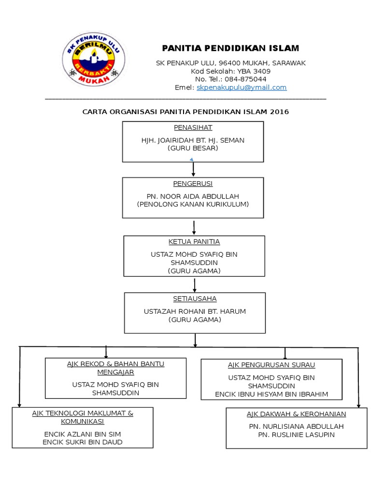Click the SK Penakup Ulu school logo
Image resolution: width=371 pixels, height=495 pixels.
pyautogui.click(x=93, y=59)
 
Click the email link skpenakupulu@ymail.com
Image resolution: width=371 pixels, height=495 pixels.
pyautogui.click(x=242, y=87)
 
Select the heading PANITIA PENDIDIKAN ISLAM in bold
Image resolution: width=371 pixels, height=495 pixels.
pyautogui.click(x=230, y=48)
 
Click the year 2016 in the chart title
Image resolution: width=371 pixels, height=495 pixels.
pyautogui.click(x=280, y=112)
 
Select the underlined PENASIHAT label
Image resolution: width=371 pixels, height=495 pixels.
pyautogui.click(x=193, y=128)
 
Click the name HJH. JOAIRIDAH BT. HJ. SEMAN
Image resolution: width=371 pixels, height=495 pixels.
pyautogui.click(x=193, y=140)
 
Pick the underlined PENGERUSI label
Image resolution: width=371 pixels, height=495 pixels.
pyautogui.click(x=193, y=184)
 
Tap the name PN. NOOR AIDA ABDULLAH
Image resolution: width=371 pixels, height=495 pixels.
pyautogui.click(x=193, y=196)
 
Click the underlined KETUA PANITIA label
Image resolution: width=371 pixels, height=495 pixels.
pyautogui.click(x=194, y=242)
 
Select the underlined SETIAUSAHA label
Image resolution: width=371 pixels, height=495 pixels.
pyautogui.click(x=195, y=299)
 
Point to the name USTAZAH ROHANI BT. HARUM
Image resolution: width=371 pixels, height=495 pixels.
pyautogui.click(x=195, y=311)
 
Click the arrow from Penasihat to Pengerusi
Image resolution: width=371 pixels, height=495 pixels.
pyautogui.click(x=193, y=169)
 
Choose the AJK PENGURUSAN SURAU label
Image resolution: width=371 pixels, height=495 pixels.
pyautogui.click(x=271, y=365)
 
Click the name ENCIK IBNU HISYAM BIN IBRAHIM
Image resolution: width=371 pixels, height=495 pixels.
pyautogui.click(x=271, y=394)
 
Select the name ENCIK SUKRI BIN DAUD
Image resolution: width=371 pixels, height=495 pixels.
pyautogui.click(x=83, y=442)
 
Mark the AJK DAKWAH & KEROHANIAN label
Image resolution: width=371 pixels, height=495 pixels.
pyautogui.click(x=297, y=414)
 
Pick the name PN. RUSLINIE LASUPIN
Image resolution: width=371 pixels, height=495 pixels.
pyautogui.click(x=297, y=435)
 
